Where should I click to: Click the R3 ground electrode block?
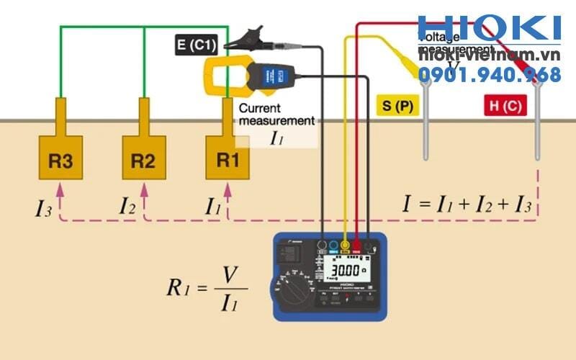60,160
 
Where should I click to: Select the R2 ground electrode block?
144,160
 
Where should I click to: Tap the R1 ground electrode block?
228,160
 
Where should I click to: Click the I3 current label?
44,209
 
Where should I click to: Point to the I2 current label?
127,207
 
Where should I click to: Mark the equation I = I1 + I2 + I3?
467,204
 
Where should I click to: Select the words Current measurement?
276,114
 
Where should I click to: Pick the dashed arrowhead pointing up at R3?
60,189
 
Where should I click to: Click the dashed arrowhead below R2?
144,189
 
